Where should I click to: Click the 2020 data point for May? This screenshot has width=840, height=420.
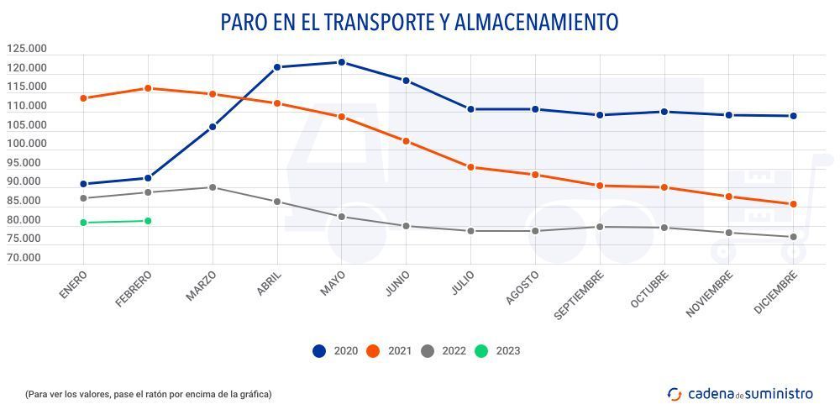pos(341,62)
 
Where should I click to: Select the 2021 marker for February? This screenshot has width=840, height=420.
pos(148,88)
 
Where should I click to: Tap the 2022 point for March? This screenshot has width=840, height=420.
pos(213,187)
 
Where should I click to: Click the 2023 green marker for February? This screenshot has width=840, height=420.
pos(148,221)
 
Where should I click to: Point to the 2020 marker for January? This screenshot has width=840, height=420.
pos(83,184)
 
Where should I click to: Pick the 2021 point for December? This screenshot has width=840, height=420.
pos(793,204)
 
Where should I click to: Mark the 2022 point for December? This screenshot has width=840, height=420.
pos(793,237)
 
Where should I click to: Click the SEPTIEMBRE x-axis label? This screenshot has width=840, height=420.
pos(580,295)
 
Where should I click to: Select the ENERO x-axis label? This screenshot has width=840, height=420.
pos(73,285)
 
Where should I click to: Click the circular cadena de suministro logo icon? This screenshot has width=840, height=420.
pos(675,393)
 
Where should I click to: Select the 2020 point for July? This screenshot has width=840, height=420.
pos(470,109)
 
